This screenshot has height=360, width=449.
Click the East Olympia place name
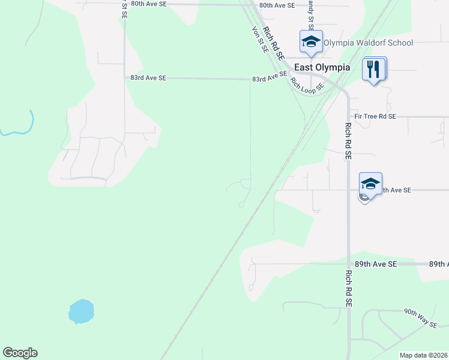coord(322,67)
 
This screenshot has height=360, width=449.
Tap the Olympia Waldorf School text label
coord(368,43)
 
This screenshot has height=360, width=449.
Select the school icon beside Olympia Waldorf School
coord(311,41)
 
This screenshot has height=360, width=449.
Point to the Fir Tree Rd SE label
coord(375,116)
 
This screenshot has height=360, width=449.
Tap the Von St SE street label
coord(259,40)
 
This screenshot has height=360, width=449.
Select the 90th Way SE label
coord(420,318)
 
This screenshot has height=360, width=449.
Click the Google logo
coord(20,353)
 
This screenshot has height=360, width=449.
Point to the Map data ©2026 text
coord(423,355)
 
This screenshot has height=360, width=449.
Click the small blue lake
coord(81,311)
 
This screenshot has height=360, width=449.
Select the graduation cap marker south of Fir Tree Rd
coord(370,183)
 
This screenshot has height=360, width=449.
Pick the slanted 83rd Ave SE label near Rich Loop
coord(270,77)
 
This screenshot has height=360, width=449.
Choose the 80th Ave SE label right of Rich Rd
coord(277,5)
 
